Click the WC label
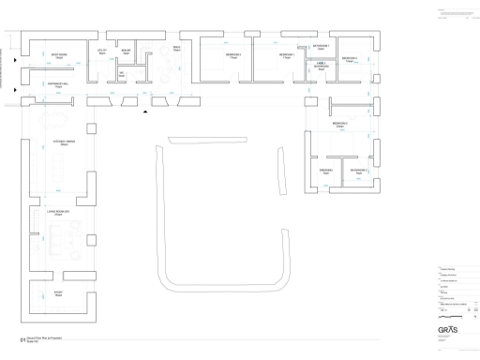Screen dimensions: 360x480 point(122,74)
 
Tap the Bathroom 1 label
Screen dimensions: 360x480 point(321,46)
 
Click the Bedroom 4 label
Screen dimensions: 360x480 point(349,59)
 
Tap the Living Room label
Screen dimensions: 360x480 point(58,215)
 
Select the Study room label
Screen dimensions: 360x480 point(58,293)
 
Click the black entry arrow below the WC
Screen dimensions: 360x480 point(144,111)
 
